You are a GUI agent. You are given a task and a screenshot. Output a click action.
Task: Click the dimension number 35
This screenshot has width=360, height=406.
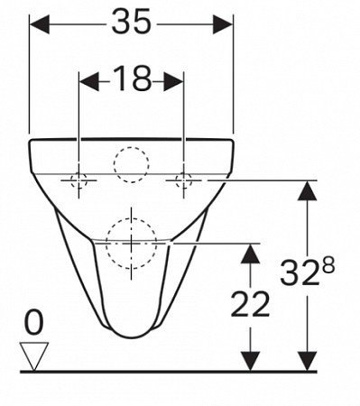tap(131, 22)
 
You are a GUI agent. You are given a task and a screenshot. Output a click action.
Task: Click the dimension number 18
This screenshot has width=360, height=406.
tap(133, 78)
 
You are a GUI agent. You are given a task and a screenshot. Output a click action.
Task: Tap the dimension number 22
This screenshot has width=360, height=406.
tap(250, 304)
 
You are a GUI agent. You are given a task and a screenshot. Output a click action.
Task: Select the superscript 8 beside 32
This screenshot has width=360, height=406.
tap(327, 266)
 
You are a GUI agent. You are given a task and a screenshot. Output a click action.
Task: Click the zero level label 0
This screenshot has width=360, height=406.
tap(33, 323)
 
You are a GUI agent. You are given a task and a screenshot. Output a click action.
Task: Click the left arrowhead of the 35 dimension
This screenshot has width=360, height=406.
tap(40, 24)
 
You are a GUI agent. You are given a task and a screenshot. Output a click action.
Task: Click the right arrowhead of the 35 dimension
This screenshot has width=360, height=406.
tap(223, 24)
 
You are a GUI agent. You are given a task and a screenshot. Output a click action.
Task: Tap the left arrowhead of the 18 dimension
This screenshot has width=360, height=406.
tap(88, 81)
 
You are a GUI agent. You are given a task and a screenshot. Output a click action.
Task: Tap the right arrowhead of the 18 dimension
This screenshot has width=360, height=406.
tap(173, 81)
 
